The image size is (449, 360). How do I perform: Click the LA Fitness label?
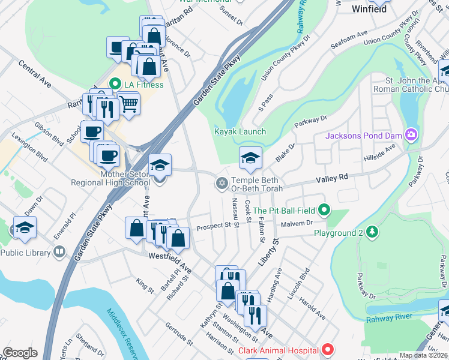143,85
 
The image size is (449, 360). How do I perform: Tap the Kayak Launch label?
240,131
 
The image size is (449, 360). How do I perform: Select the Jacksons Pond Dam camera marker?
411,134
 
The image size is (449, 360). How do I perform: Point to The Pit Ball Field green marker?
325,210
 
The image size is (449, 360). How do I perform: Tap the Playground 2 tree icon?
372,232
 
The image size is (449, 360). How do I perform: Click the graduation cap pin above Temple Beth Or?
250,158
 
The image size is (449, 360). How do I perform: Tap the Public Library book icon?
59,251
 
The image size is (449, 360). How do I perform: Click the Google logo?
20,353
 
